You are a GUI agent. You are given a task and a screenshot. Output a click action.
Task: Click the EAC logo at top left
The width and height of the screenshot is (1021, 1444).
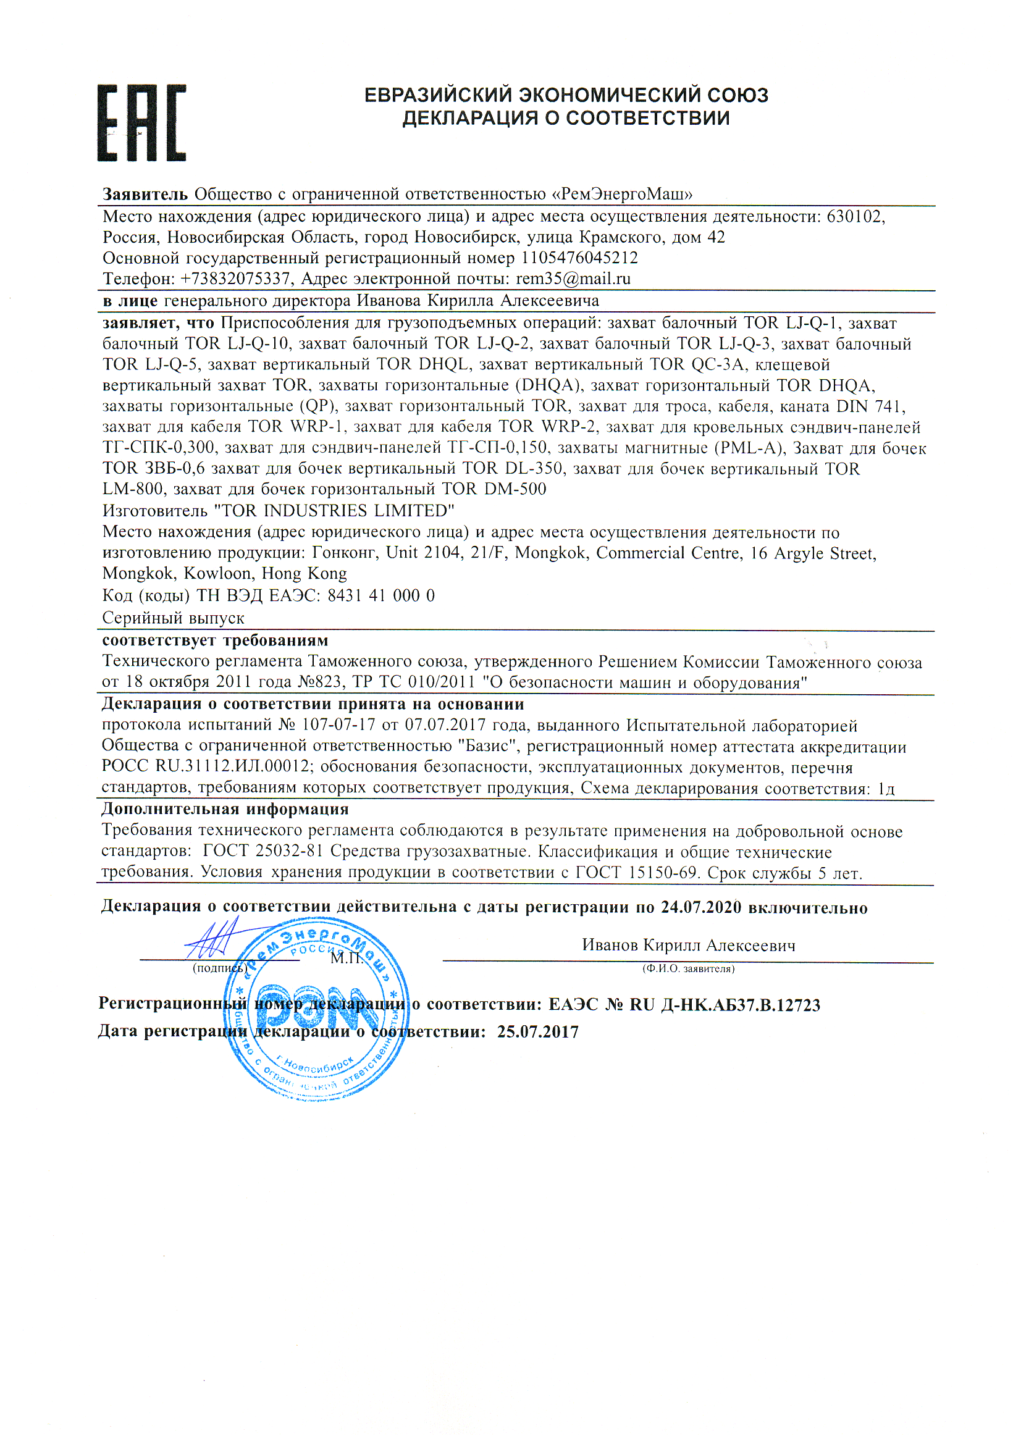[x=141, y=123]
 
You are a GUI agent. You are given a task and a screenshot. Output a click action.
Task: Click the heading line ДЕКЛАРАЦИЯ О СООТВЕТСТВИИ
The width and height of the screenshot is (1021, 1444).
[x=566, y=117]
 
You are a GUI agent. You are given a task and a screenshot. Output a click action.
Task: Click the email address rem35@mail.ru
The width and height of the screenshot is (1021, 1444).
[x=573, y=279]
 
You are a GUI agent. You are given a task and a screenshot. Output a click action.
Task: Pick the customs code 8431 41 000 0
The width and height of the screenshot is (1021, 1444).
[x=380, y=595]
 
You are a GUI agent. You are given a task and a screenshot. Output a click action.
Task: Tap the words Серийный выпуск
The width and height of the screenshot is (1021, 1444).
[x=173, y=618]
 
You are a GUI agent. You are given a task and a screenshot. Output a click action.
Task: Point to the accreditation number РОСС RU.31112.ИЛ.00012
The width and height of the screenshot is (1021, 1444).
[x=206, y=766]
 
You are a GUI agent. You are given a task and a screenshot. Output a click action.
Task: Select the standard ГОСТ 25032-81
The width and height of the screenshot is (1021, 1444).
[x=263, y=851]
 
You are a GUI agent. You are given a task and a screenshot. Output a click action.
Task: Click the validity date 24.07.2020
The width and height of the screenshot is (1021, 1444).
[x=700, y=907]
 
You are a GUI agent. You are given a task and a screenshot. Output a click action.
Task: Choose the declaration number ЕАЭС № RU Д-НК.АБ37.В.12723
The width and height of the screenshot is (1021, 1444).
[x=684, y=1004]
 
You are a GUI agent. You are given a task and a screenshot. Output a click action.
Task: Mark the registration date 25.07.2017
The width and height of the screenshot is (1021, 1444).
[x=537, y=1031]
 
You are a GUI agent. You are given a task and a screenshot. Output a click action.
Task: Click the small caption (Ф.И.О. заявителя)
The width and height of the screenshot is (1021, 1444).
[x=687, y=968]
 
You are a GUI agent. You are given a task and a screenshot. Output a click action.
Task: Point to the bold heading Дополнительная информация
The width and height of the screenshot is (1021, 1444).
[x=225, y=809]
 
